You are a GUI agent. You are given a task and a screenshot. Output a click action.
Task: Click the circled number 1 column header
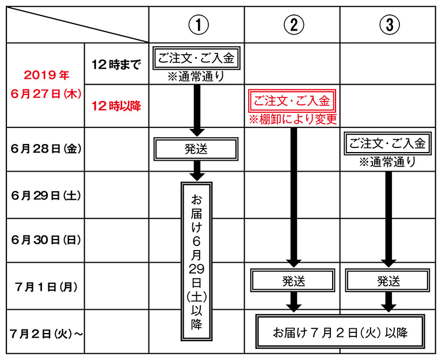pyautogui.click(x=199, y=25)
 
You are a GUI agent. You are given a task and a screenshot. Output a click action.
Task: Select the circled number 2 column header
pyautogui.click(x=294, y=25)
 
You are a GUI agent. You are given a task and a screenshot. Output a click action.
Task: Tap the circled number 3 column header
pyautogui.click(x=390, y=25)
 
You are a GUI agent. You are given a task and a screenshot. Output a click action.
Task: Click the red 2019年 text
pyautogui.click(x=47, y=75)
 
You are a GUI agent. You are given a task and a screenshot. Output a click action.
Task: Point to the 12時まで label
pyautogui.click(x=116, y=65)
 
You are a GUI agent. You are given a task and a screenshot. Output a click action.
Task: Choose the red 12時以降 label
pyautogui.click(x=116, y=106)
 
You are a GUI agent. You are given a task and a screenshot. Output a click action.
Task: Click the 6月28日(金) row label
pyautogui.click(x=45, y=149)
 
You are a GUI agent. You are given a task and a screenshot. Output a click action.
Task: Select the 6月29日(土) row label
pyautogui.click(x=45, y=195)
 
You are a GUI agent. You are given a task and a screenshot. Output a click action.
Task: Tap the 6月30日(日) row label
pyautogui.click(x=45, y=240)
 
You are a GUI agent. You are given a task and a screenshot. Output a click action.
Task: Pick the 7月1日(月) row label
pyautogui.click(x=46, y=287)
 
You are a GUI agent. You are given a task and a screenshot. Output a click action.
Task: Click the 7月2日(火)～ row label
pyautogui.click(x=46, y=334)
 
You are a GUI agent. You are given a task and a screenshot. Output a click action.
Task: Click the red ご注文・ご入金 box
pyautogui.click(x=292, y=101)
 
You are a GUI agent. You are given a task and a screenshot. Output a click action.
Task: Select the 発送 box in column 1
pyautogui.click(x=196, y=149)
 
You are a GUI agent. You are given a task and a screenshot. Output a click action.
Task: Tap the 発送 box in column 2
pyautogui.click(x=293, y=281)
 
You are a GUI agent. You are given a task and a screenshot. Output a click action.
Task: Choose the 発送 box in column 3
pyautogui.click(x=388, y=281)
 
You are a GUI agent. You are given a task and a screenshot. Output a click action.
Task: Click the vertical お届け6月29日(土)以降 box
pyautogui.click(x=196, y=262)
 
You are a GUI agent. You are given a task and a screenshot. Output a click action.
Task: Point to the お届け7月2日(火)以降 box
pyautogui.click(x=340, y=332)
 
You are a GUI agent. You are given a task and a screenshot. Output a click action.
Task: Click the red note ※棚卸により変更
pyautogui.click(x=292, y=120)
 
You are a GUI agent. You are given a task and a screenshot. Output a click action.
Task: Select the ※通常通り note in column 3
pyautogui.click(x=387, y=162)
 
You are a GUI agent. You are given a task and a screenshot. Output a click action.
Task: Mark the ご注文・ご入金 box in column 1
pyautogui.click(x=196, y=58)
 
